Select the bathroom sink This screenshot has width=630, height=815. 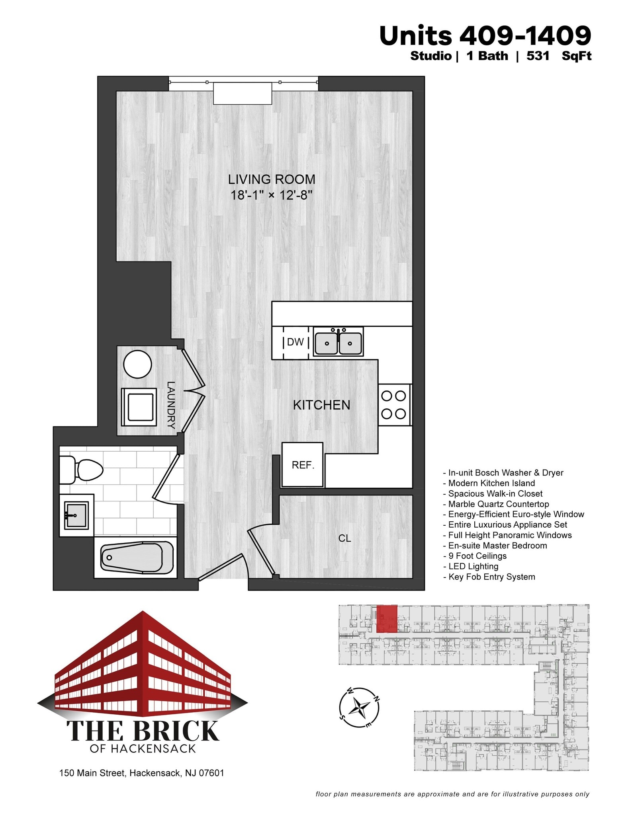pyautogui.click(x=76, y=515)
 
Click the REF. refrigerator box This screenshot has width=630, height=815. pyautogui.click(x=303, y=465)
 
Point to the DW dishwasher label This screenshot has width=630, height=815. pyautogui.click(x=295, y=342)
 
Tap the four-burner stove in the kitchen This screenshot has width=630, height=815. pyautogui.click(x=394, y=405)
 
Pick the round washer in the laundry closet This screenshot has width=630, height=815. pyautogui.click(x=137, y=364)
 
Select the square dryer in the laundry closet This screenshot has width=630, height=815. pyautogui.click(x=138, y=407)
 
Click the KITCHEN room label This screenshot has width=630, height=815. pyautogui.click(x=321, y=405)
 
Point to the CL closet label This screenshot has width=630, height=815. pyautogui.click(x=344, y=538)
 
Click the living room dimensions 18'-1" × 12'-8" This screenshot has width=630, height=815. pyautogui.click(x=272, y=195)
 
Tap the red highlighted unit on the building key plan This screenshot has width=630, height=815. pyautogui.click(x=387, y=619)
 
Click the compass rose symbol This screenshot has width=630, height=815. pyautogui.click(x=359, y=708)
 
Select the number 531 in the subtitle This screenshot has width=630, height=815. pyautogui.click(x=538, y=56)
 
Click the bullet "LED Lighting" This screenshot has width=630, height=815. pyautogui.click(x=473, y=566)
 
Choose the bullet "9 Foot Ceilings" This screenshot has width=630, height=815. pyautogui.click(x=477, y=556)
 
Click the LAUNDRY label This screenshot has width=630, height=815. pyautogui.click(x=171, y=405)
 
